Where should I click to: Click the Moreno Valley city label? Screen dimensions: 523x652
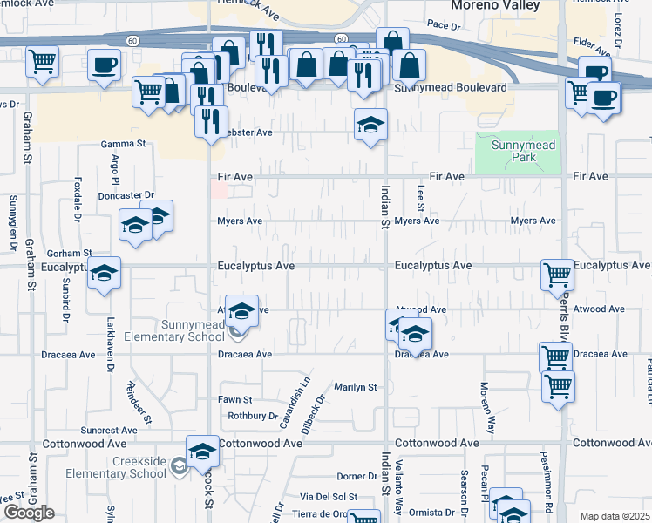(x=494, y=6)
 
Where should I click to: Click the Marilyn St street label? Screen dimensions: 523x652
(x=356, y=387)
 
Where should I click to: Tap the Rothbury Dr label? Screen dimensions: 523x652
(x=252, y=416)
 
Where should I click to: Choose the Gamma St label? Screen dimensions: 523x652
(x=122, y=143)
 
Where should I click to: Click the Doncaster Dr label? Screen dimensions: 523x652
(x=126, y=195)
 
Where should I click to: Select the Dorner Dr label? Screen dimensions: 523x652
(x=357, y=477)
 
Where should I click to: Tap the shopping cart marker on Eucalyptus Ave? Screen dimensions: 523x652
(x=557, y=275)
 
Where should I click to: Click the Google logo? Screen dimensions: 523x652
(x=29, y=513)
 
